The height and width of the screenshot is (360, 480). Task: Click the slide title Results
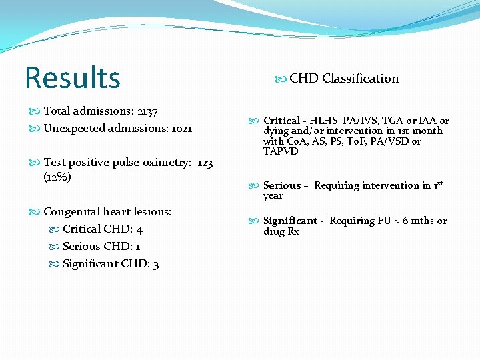coord(72,77)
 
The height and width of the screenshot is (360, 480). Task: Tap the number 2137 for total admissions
coord(145,111)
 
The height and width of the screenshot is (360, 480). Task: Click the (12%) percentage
coord(57,177)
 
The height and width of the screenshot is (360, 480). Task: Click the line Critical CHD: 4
coord(103,229)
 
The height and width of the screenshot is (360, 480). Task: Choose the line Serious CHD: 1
coord(101,247)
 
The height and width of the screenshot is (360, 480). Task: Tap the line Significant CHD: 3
coord(110,264)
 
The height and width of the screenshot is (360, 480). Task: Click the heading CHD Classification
coord(343,79)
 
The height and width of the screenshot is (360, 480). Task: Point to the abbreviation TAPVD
coord(281,151)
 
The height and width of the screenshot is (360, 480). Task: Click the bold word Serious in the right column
coord(281,185)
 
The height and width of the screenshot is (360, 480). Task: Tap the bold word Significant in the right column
coord(290,221)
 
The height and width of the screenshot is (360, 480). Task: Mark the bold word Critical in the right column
coord(281,121)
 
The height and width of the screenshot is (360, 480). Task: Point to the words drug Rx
coord(281,231)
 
